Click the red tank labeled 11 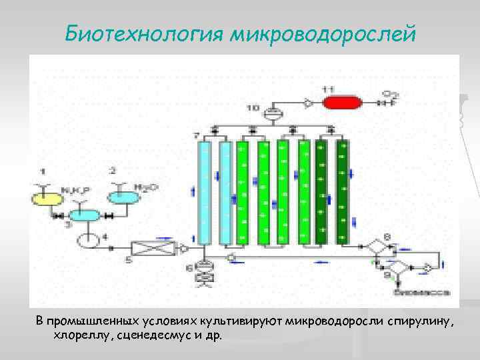tap(341, 103)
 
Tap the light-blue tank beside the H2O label tap(123, 197)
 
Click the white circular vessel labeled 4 tap(87, 238)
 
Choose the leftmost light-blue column tap(205, 192)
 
